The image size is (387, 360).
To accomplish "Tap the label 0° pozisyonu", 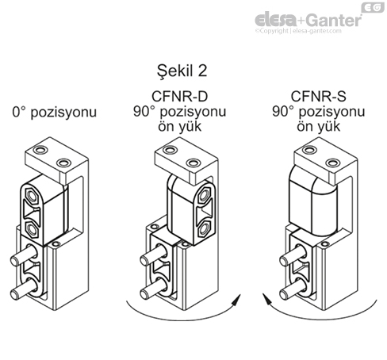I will click(53, 112).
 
